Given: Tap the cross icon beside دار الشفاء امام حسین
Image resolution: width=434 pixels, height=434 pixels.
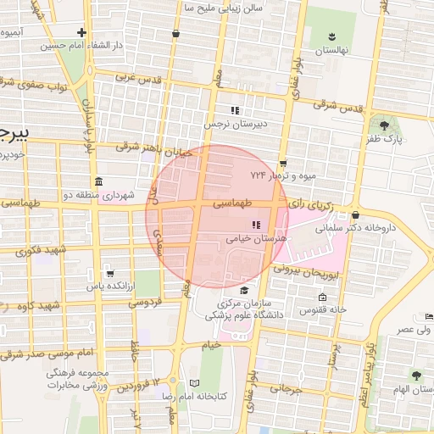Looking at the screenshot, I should tap(81, 32).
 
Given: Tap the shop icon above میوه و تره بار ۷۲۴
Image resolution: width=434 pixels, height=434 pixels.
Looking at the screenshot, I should tap(283, 163).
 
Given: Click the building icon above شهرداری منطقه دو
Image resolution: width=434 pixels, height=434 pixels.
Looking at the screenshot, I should tap(99, 181).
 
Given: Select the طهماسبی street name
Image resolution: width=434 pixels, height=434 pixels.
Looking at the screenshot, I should tap(232, 203).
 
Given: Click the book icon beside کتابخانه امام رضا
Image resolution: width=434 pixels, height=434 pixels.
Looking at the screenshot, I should tap(194, 383).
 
